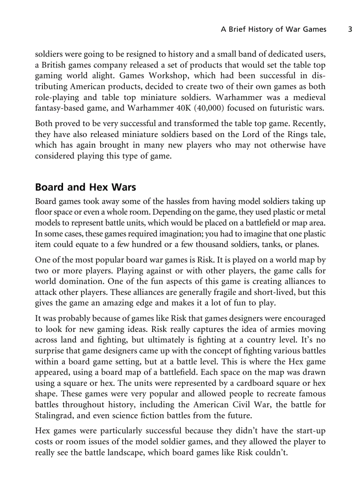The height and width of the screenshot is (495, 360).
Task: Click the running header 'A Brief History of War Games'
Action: point(274,30)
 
